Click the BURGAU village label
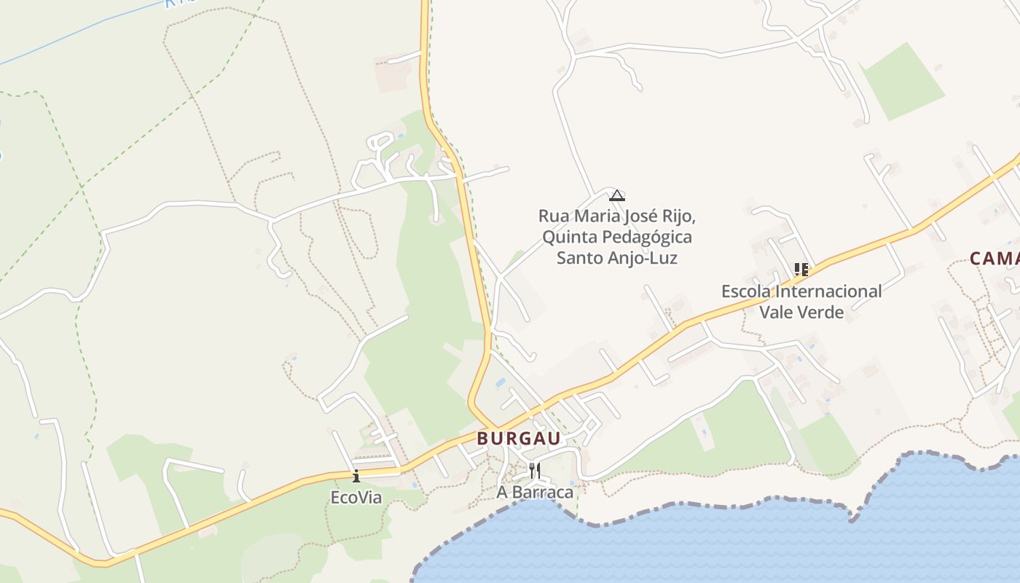[519, 438]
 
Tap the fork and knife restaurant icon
[535, 470]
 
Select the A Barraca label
[535, 492]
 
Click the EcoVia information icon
[356, 477]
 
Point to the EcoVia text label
[356, 498]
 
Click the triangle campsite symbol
[617, 195]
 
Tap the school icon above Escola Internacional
[801, 270]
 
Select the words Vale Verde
[801, 312]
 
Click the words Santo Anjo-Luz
[617, 258]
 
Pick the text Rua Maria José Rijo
[617, 216]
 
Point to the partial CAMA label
[994, 258]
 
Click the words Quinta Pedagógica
[617, 237]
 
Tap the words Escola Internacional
[801, 291]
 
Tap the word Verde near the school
[822, 312]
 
